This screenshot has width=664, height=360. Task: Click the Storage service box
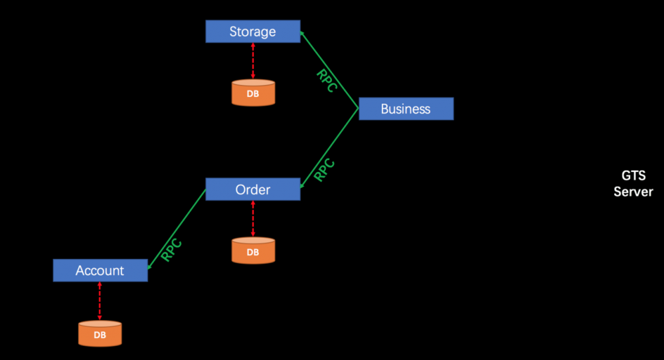pyautogui.click(x=252, y=32)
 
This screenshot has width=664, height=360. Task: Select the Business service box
pyautogui.click(x=406, y=109)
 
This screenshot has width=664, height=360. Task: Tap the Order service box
pyautogui.click(x=252, y=190)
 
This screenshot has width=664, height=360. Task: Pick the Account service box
pyautogui.click(x=100, y=270)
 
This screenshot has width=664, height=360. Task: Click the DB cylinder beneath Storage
pyautogui.click(x=253, y=93)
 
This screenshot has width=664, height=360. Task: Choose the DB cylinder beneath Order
pyautogui.click(x=253, y=251)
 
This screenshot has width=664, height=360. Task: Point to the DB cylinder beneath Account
pyautogui.click(x=100, y=334)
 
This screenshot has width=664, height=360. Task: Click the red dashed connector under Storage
pyautogui.click(x=253, y=61)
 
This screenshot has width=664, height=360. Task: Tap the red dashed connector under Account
pyautogui.click(x=100, y=301)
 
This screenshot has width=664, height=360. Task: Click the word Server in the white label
pyautogui.click(x=633, y=192)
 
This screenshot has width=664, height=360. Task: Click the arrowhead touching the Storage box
pyautogui.click(x=302, y=33)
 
